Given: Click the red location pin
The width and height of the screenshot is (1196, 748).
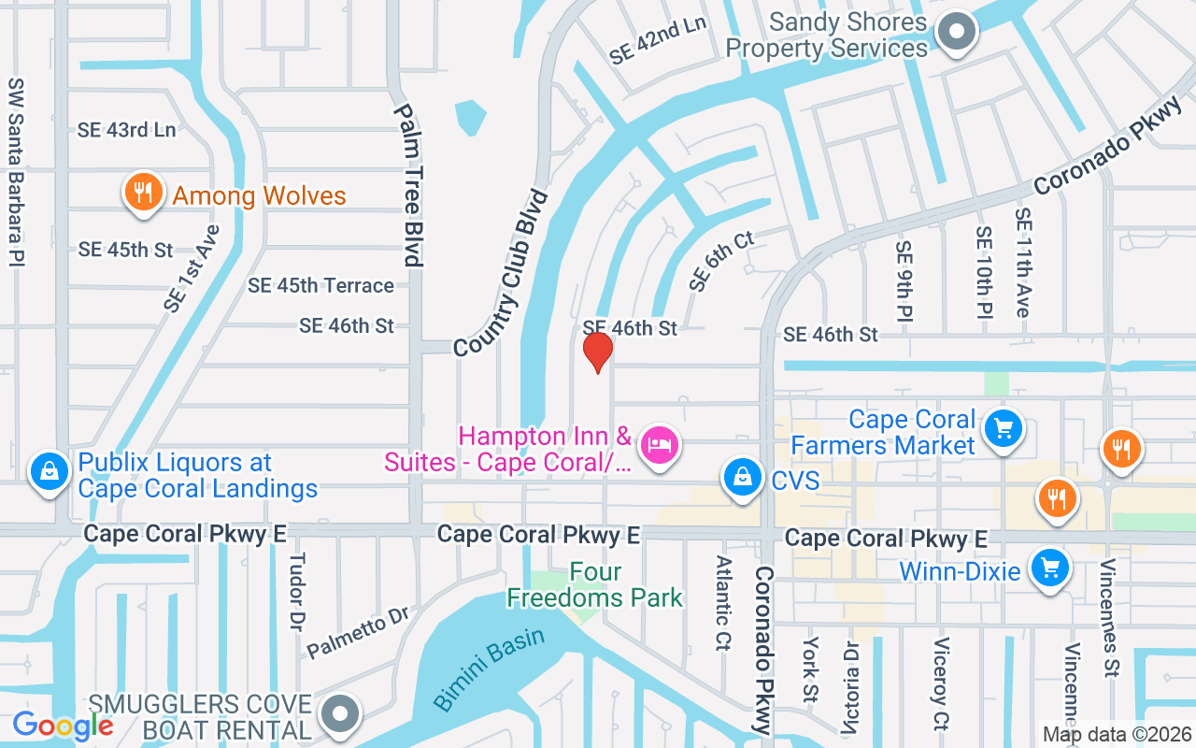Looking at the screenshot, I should tap(597, 352).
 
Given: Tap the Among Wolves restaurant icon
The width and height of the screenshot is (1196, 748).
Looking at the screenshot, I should tap(142, 193).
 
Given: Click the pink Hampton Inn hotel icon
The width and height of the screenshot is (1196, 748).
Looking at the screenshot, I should tap(661, 443).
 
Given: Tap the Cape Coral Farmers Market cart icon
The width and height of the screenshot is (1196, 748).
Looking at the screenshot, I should tap(1003, 428).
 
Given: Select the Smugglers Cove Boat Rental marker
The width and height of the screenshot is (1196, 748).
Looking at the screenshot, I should tap(341, 713).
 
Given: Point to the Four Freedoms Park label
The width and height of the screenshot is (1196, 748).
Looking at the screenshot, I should tap(595, 584).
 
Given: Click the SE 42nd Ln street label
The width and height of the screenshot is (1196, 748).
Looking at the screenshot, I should tap(658, 40).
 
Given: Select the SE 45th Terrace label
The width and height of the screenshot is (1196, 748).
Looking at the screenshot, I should tap(320, 285).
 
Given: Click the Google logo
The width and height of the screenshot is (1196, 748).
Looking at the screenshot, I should tap(64, 725).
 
